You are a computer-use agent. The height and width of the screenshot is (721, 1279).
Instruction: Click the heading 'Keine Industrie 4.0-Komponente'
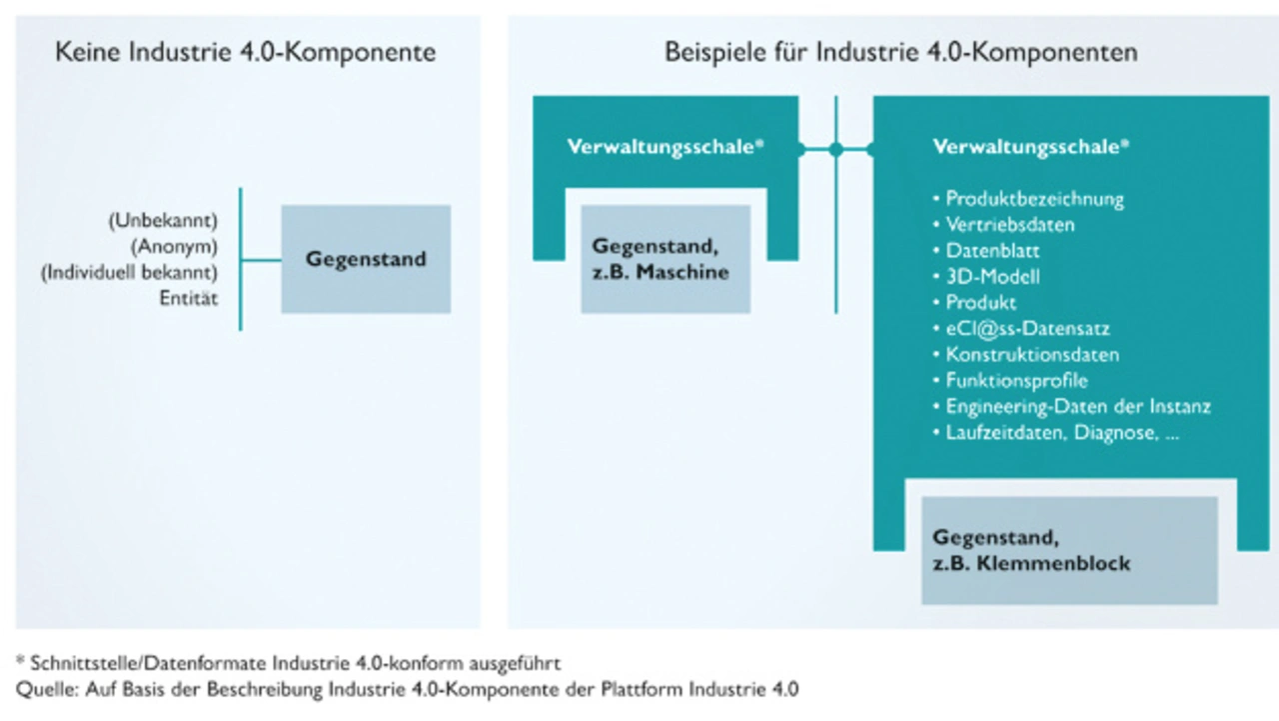pyautogui.click(x=246, y=53)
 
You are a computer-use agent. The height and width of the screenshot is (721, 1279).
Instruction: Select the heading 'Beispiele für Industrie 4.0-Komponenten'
pyautogui.click(x=901, y=53)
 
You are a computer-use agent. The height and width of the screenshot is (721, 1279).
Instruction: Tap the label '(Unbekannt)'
pyautogui.click(x=163, y=221)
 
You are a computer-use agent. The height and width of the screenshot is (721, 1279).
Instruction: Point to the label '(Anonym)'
pyautogui.click(x=174, y=247)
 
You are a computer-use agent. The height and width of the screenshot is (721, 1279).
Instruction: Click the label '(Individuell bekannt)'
pyautogui.click(x=130, y=273)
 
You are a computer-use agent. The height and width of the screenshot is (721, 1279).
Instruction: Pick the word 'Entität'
pyautogui.click(x=189, y=298)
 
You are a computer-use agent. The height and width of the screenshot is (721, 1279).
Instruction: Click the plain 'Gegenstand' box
pyautogui.click(x=366, y=259)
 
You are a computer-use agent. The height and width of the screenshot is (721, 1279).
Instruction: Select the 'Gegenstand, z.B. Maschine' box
pyautogui.click(x=665, y=259)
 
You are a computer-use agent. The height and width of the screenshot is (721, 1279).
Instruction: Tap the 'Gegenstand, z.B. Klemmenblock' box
pyautogui.click(x=1069, y=550)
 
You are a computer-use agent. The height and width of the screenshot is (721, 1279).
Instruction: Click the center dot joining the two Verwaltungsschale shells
pyautogui.click(x=836, y=150)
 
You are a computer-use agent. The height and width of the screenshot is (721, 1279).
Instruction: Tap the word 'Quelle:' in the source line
pyautogui.click(x=48, y=690)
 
